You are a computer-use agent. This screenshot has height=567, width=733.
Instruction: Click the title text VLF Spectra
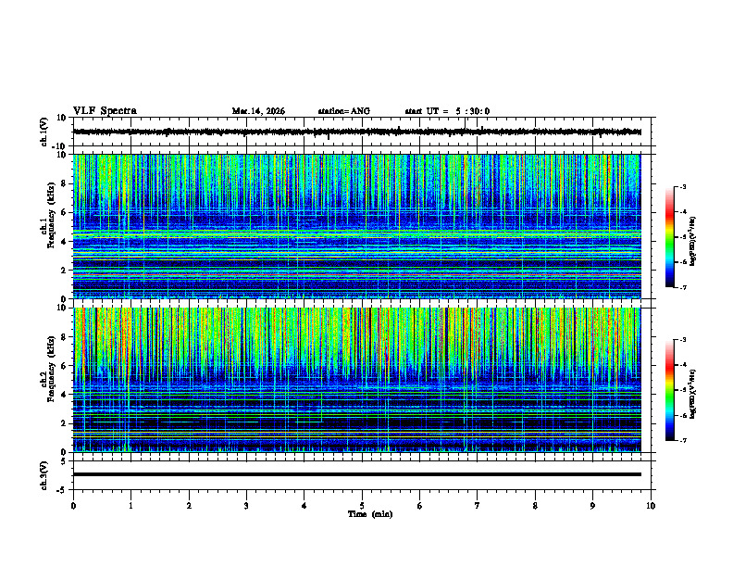[105, 111]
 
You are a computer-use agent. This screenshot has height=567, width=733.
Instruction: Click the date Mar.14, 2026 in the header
[258, 111]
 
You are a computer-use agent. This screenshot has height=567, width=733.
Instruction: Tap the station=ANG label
[343, 111]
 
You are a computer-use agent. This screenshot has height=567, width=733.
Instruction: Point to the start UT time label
[447, 111]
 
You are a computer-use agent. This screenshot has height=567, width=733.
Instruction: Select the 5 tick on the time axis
[363, 505]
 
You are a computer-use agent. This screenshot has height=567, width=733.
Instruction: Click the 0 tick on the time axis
[73, 505]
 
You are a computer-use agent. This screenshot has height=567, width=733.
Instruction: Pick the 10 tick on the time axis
[652, 505]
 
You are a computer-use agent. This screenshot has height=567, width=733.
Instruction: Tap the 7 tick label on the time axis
[478, 505]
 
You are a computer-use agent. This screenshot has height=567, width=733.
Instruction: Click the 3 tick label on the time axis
[246, 505]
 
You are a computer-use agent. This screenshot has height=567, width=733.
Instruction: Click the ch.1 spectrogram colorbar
[669, 237]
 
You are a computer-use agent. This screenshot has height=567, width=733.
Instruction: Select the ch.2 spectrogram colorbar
[669, 390]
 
